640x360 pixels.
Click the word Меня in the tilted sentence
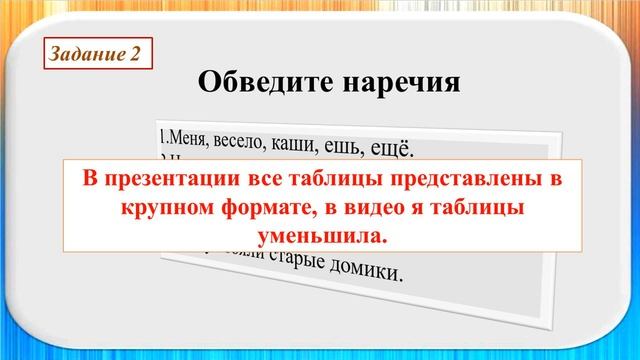[x=183, y=137]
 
